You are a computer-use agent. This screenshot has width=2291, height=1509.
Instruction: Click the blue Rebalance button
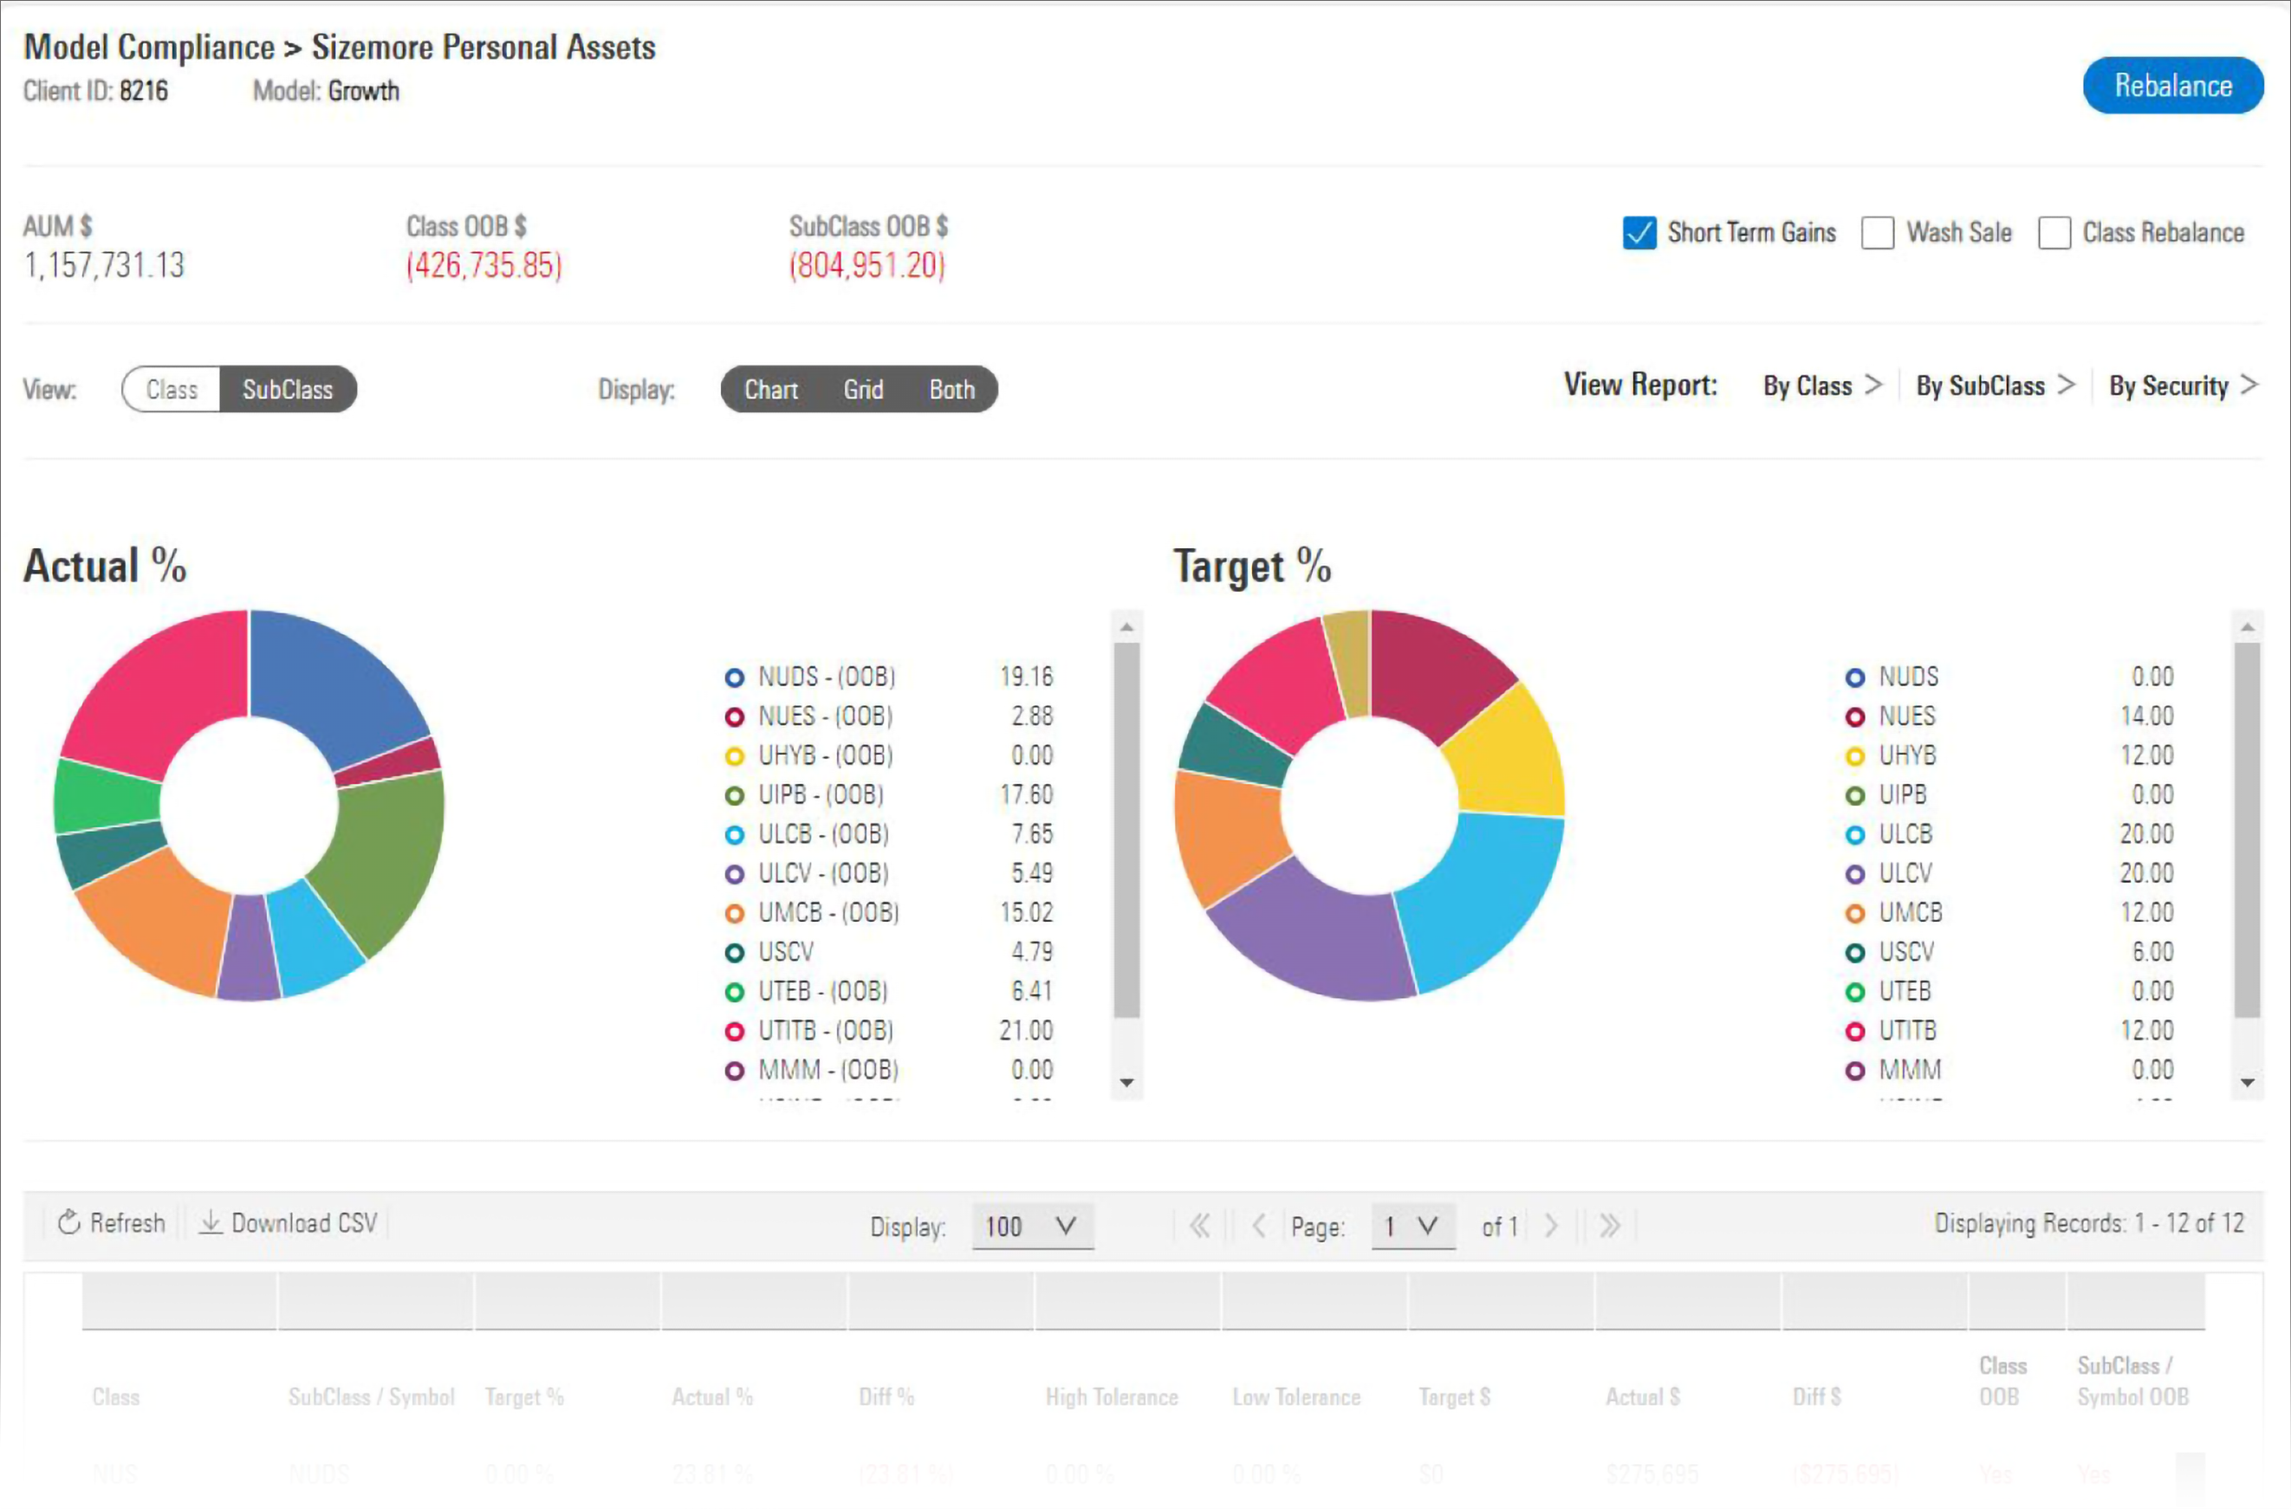[2172, 86]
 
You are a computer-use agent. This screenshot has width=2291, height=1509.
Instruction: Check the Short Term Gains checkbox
[1639, 233]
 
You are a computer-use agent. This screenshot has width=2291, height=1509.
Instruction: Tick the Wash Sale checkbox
[1877, 233]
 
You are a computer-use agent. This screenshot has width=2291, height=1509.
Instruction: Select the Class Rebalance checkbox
[2054, 233]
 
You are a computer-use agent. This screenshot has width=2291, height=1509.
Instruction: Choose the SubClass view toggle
[287, 390]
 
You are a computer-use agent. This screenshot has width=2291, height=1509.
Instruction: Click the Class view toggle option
[172, 390]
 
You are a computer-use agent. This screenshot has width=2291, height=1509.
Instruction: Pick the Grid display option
[862, 390]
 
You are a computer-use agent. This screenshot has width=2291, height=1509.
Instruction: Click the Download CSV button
[289, 1223]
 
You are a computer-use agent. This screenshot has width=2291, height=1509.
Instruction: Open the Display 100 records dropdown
[1032, 1226]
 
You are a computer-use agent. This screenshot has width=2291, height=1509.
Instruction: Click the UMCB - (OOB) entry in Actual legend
[827, 912]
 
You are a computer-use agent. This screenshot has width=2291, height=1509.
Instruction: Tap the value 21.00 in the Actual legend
[1026, 1031]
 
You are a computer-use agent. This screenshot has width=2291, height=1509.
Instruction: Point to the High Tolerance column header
[1111, 1396]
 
